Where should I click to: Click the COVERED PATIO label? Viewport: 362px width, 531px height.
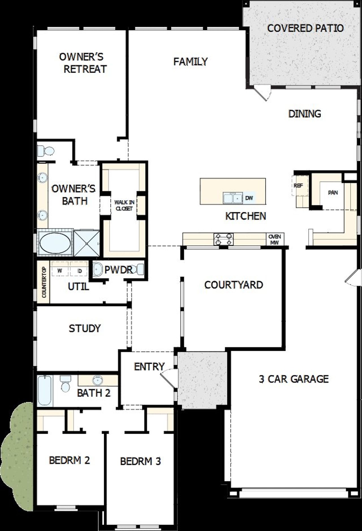click(305, 28)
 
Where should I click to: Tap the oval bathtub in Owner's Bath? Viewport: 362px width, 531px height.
click(55, 243)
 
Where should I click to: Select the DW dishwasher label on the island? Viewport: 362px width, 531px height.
click(249, 198)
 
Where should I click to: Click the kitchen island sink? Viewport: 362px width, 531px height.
click(233, 198)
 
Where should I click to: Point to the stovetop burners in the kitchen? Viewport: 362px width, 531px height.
click(224, 239)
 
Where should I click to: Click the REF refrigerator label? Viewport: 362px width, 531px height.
click(298, 186)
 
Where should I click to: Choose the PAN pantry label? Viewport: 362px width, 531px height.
click(333, 193)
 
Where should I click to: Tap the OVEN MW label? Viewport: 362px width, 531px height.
click(275, 240)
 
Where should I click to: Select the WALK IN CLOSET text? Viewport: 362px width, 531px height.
click(124, 205)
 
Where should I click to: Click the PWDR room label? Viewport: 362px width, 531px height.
click(118, 270)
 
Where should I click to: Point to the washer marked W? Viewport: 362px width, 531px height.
click(60, 271)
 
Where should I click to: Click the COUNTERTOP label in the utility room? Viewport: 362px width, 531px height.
click(44, 282)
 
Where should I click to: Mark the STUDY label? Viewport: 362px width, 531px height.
click(85, 328)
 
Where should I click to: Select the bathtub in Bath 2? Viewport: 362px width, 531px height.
click(45, 390)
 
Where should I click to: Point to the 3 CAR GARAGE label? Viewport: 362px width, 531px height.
click(294, 379)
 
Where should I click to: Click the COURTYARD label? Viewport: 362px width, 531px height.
click(234, 285)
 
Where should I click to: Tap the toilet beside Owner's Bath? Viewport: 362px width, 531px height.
click(46, 151)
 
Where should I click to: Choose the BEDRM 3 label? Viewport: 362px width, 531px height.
click(140, 461)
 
